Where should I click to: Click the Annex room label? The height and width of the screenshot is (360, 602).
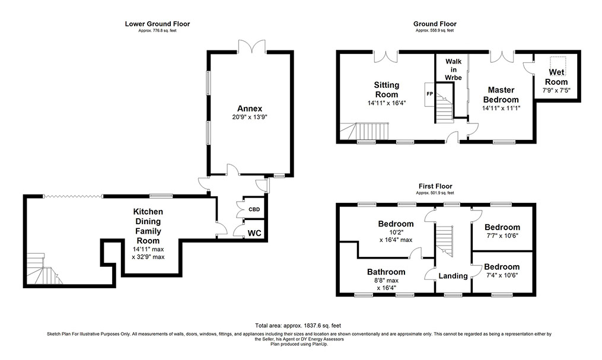pos(250,109)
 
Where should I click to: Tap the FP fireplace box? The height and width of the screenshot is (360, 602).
pos(429,94)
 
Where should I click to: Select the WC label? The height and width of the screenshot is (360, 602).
pos(254,233)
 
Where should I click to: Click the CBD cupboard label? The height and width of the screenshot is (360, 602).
pos(254,209)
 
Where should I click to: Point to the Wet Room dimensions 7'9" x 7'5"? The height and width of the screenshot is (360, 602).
pos(556,91)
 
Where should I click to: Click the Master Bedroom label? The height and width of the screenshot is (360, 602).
pos(501,95)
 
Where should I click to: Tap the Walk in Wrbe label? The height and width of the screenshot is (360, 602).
pos(453,69)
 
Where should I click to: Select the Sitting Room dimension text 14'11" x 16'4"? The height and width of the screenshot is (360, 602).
pos(387,103)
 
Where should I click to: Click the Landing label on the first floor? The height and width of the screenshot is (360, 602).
pos(453,276)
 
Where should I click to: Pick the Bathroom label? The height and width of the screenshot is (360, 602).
pos(386,272)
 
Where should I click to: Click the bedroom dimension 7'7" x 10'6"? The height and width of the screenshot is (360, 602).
pos(502,235)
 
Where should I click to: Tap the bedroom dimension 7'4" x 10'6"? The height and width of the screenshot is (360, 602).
pos(502,275)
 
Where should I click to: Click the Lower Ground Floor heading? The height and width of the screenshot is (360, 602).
pos(157,24)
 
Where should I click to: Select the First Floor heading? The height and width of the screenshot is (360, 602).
pos(435,187)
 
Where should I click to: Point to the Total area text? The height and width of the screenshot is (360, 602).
pos(298,326)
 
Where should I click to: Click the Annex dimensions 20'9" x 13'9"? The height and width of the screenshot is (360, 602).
pos(250,117)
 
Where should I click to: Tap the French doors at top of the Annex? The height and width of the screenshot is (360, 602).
pos(251,46)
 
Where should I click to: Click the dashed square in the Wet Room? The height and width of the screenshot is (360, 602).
pos(558,63)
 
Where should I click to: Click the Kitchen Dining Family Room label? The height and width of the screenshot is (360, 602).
pos(148,226)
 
